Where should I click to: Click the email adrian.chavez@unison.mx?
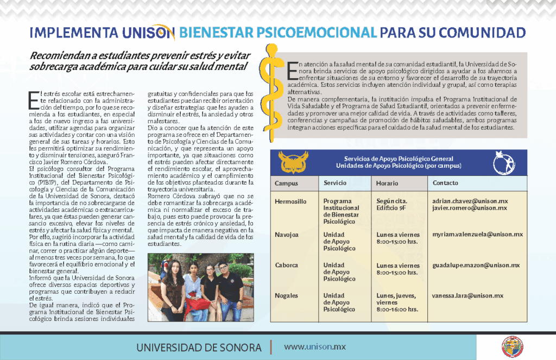pyautogui.click(x=470, y=201)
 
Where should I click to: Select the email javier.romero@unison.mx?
pyautogui.click(x=470, y=208)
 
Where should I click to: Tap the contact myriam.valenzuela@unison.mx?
pyautogui.click(x=477, y=235)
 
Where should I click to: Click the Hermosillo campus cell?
pyautogui.click(x=290, y=201)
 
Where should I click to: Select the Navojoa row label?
pyautogui.click(x=287, y=235)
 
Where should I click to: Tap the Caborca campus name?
pyautogui.click(x=287, y=266)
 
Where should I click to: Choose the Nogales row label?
pyautogui.click(x=287, y=296)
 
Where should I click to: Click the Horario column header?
pyautogui.click(x=387, y=184)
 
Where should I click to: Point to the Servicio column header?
pyautogui.click(x=335, y=183)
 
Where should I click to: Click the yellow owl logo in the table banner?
pyautogui.click(x=293, y=162)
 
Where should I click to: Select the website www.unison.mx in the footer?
pyautogui.click(x=315, y=346)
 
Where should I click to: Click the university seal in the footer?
pyautogui.click(x=511, y=346)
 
